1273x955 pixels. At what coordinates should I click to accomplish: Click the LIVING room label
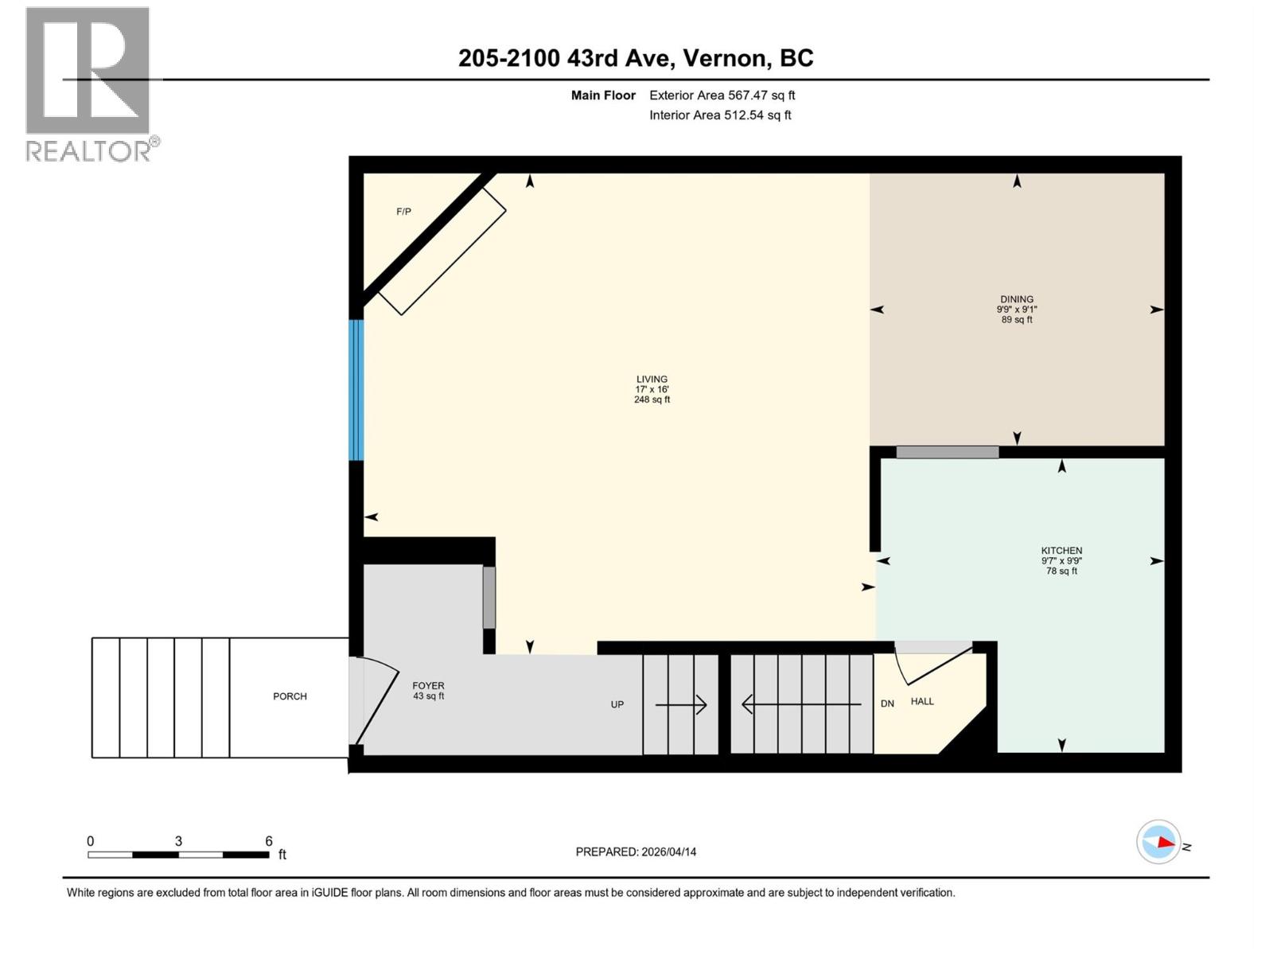652,380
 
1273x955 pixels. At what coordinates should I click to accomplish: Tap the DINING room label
1017,299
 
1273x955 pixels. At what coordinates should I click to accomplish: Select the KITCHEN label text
1061,551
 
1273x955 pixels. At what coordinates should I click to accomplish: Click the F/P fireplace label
404,212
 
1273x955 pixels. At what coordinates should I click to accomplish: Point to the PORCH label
290,696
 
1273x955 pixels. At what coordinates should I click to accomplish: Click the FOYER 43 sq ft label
428,691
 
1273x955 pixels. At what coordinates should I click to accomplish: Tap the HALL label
922,701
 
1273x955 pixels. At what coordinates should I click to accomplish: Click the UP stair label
617,704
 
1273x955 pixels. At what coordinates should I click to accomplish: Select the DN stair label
888,704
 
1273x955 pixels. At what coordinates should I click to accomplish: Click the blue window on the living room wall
356,390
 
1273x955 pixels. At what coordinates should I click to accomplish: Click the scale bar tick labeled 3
178,841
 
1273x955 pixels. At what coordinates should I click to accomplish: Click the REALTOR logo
88,84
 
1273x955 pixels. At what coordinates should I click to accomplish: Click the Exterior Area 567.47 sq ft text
722,95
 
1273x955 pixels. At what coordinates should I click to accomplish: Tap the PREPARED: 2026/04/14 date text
636,852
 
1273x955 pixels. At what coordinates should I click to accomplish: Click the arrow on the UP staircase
681,704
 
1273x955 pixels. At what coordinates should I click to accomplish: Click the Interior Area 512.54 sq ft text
720,115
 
